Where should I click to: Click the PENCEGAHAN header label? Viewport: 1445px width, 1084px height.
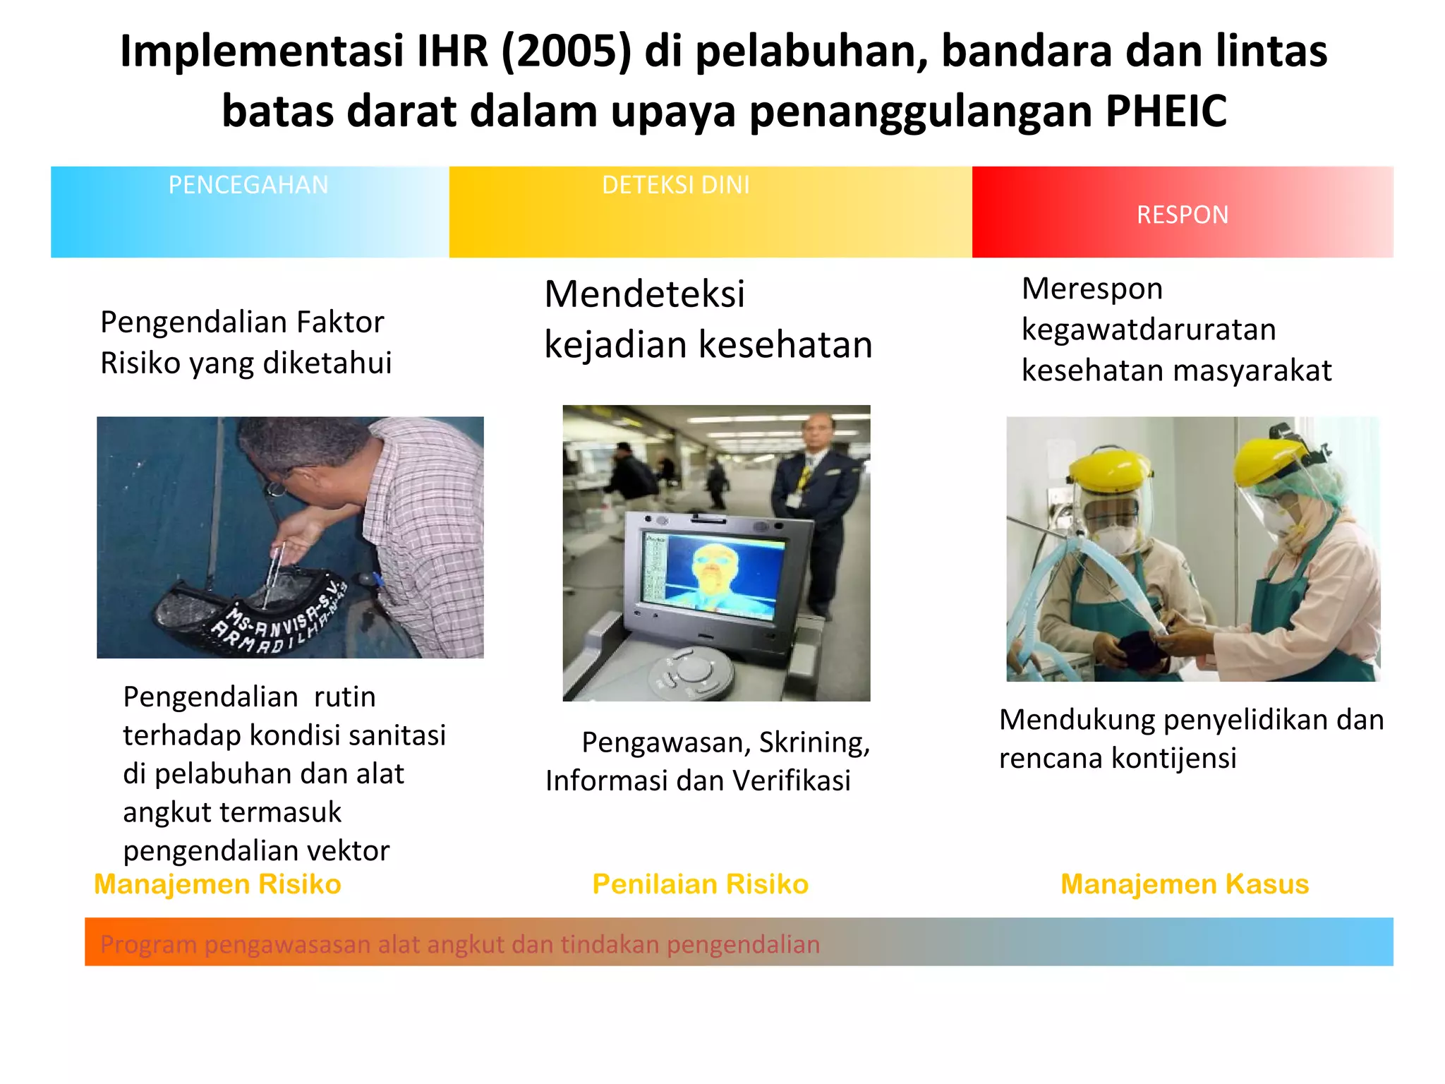tap(248, 185)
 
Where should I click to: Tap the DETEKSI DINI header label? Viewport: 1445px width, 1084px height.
tap(675, 185)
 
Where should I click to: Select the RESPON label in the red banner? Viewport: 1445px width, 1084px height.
tap(1183, 215)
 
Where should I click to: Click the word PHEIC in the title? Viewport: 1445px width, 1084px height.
tap(1166, 112)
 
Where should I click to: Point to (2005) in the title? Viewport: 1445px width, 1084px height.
tap(566, 52)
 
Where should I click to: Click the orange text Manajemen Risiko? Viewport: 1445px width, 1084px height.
tap(217, 884)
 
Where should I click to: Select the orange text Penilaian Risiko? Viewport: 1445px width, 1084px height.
tap(700, 884)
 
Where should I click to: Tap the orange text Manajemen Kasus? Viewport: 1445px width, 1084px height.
tap(1185, 884)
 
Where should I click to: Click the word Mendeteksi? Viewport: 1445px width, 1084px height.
tap(644, 294)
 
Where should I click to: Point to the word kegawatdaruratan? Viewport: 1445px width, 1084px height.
tap(1149, 330)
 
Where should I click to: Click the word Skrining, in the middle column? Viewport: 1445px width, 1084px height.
tap(814, 742)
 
